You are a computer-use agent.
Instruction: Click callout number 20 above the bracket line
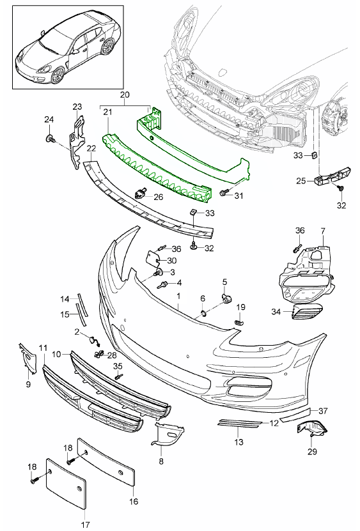(x=125, y=94)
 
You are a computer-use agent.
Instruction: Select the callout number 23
(x=77, y=107)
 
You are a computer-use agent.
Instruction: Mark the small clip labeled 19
(x=239, y=324)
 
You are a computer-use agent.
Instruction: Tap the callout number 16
(x=134, y=502)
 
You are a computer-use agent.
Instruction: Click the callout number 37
(x=323, y=410)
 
